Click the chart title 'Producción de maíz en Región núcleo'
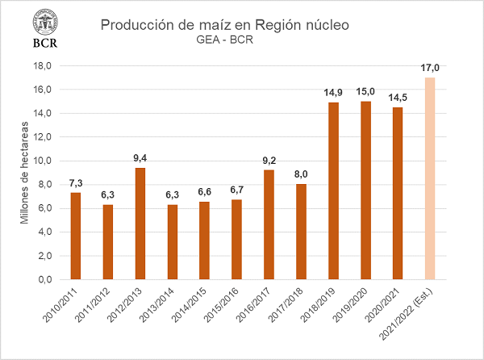point(225,25)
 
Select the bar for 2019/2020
point(365,190)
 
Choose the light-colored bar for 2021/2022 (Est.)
point(429,178)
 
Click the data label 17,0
point(430,69)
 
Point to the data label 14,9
point(333,93)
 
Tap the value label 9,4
point(140,158)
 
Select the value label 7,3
point(76,183)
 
